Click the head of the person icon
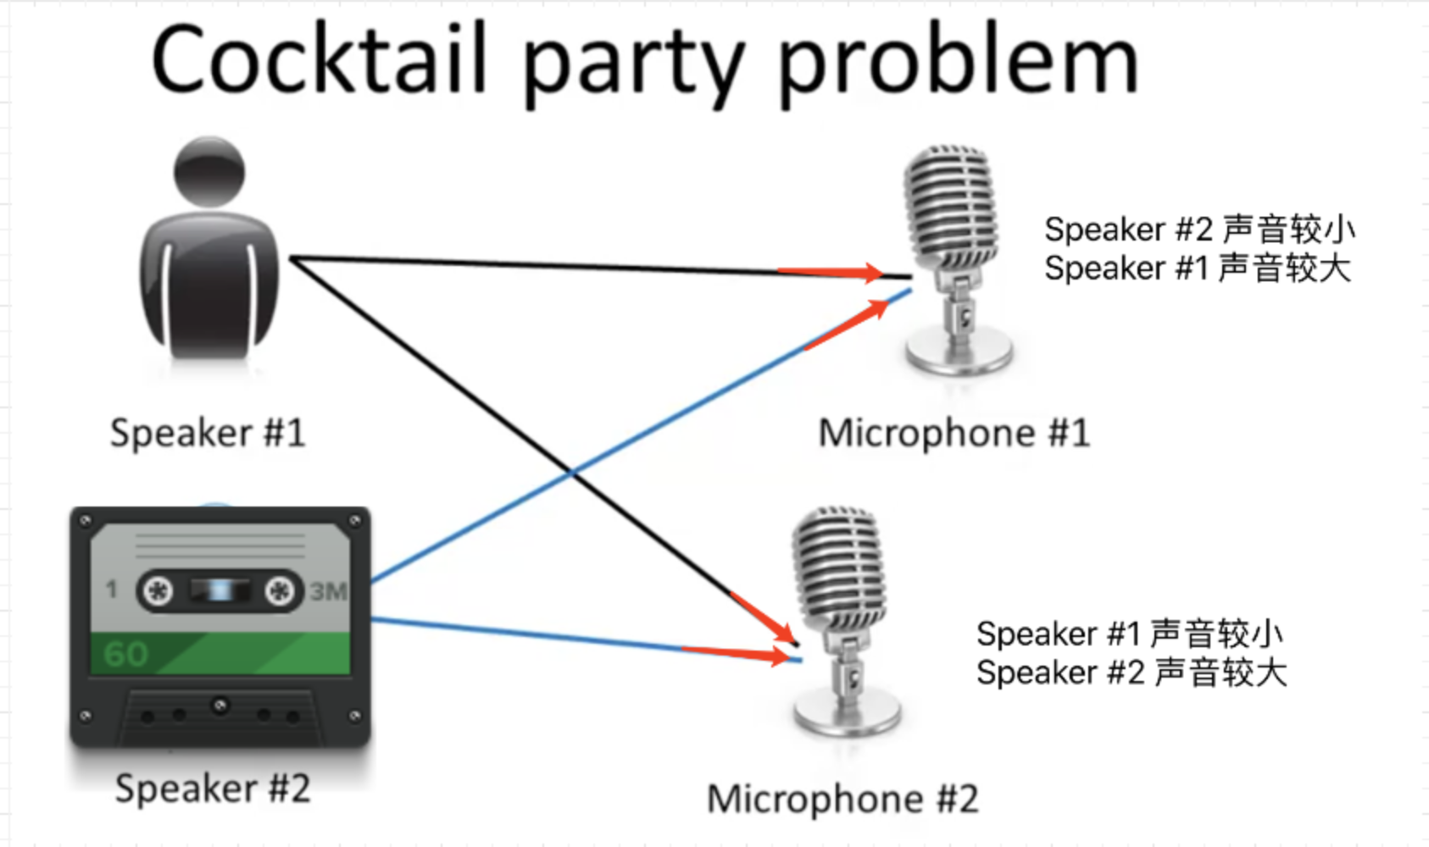pos(209,171)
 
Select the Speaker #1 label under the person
pos(208,433)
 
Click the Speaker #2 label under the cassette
pos(213,789)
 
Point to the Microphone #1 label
pos(954,433)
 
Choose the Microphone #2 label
pos(842,799)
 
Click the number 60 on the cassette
pos(125,654)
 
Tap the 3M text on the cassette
pos(329,590)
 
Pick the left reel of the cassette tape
pos(158,590)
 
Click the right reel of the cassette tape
pos(280,590)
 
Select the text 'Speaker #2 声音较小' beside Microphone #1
pos(1199,229)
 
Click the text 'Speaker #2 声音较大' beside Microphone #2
pos(1132,673)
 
